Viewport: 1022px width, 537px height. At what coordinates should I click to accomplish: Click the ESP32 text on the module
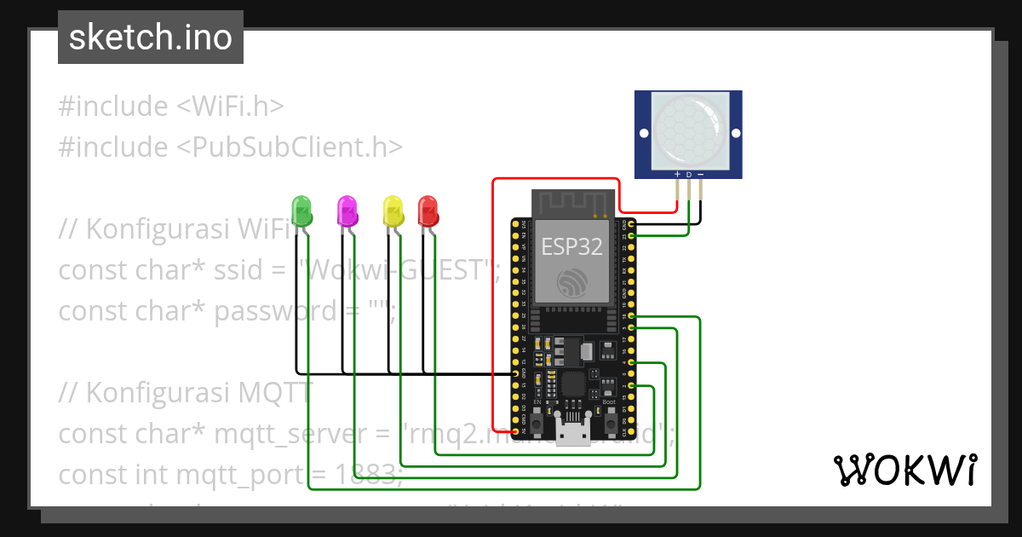pyautogui.click(x=572, y=247)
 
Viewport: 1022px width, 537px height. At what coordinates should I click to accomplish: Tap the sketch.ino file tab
pyautogui.click(x=151, y=38)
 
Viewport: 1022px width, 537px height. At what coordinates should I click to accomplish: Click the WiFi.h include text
pyautogui.click(x=230, y=107)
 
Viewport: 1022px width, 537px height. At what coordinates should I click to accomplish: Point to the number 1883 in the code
pyautogui.click(x=365, y=475)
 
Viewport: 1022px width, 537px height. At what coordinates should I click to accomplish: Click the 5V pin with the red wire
pyautogui.click(x=515, y=430)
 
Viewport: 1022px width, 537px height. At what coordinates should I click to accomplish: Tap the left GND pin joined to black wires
pyautogui.click(x=515, y=373)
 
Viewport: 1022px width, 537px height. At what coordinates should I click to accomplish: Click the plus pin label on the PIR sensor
pyautogui.click(x=677, y=175)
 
